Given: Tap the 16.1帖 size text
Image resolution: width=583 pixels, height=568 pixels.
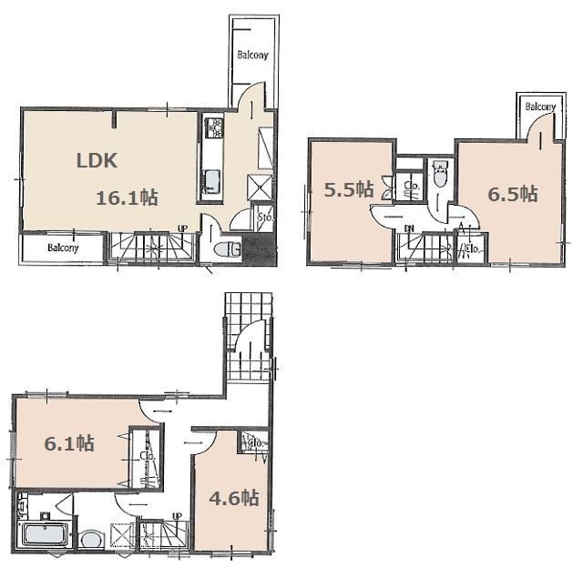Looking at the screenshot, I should point(128,197).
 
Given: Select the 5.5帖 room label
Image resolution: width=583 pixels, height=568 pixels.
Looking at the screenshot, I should point(350,189).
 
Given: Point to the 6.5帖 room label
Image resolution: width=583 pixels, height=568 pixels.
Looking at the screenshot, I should point(512,194).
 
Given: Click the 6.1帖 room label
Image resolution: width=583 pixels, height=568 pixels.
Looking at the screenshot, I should point(69,443).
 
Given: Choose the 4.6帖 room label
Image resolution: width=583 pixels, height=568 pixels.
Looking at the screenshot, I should point(234,498).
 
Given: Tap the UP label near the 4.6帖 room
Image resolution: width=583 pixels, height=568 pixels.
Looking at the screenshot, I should point(176,516).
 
